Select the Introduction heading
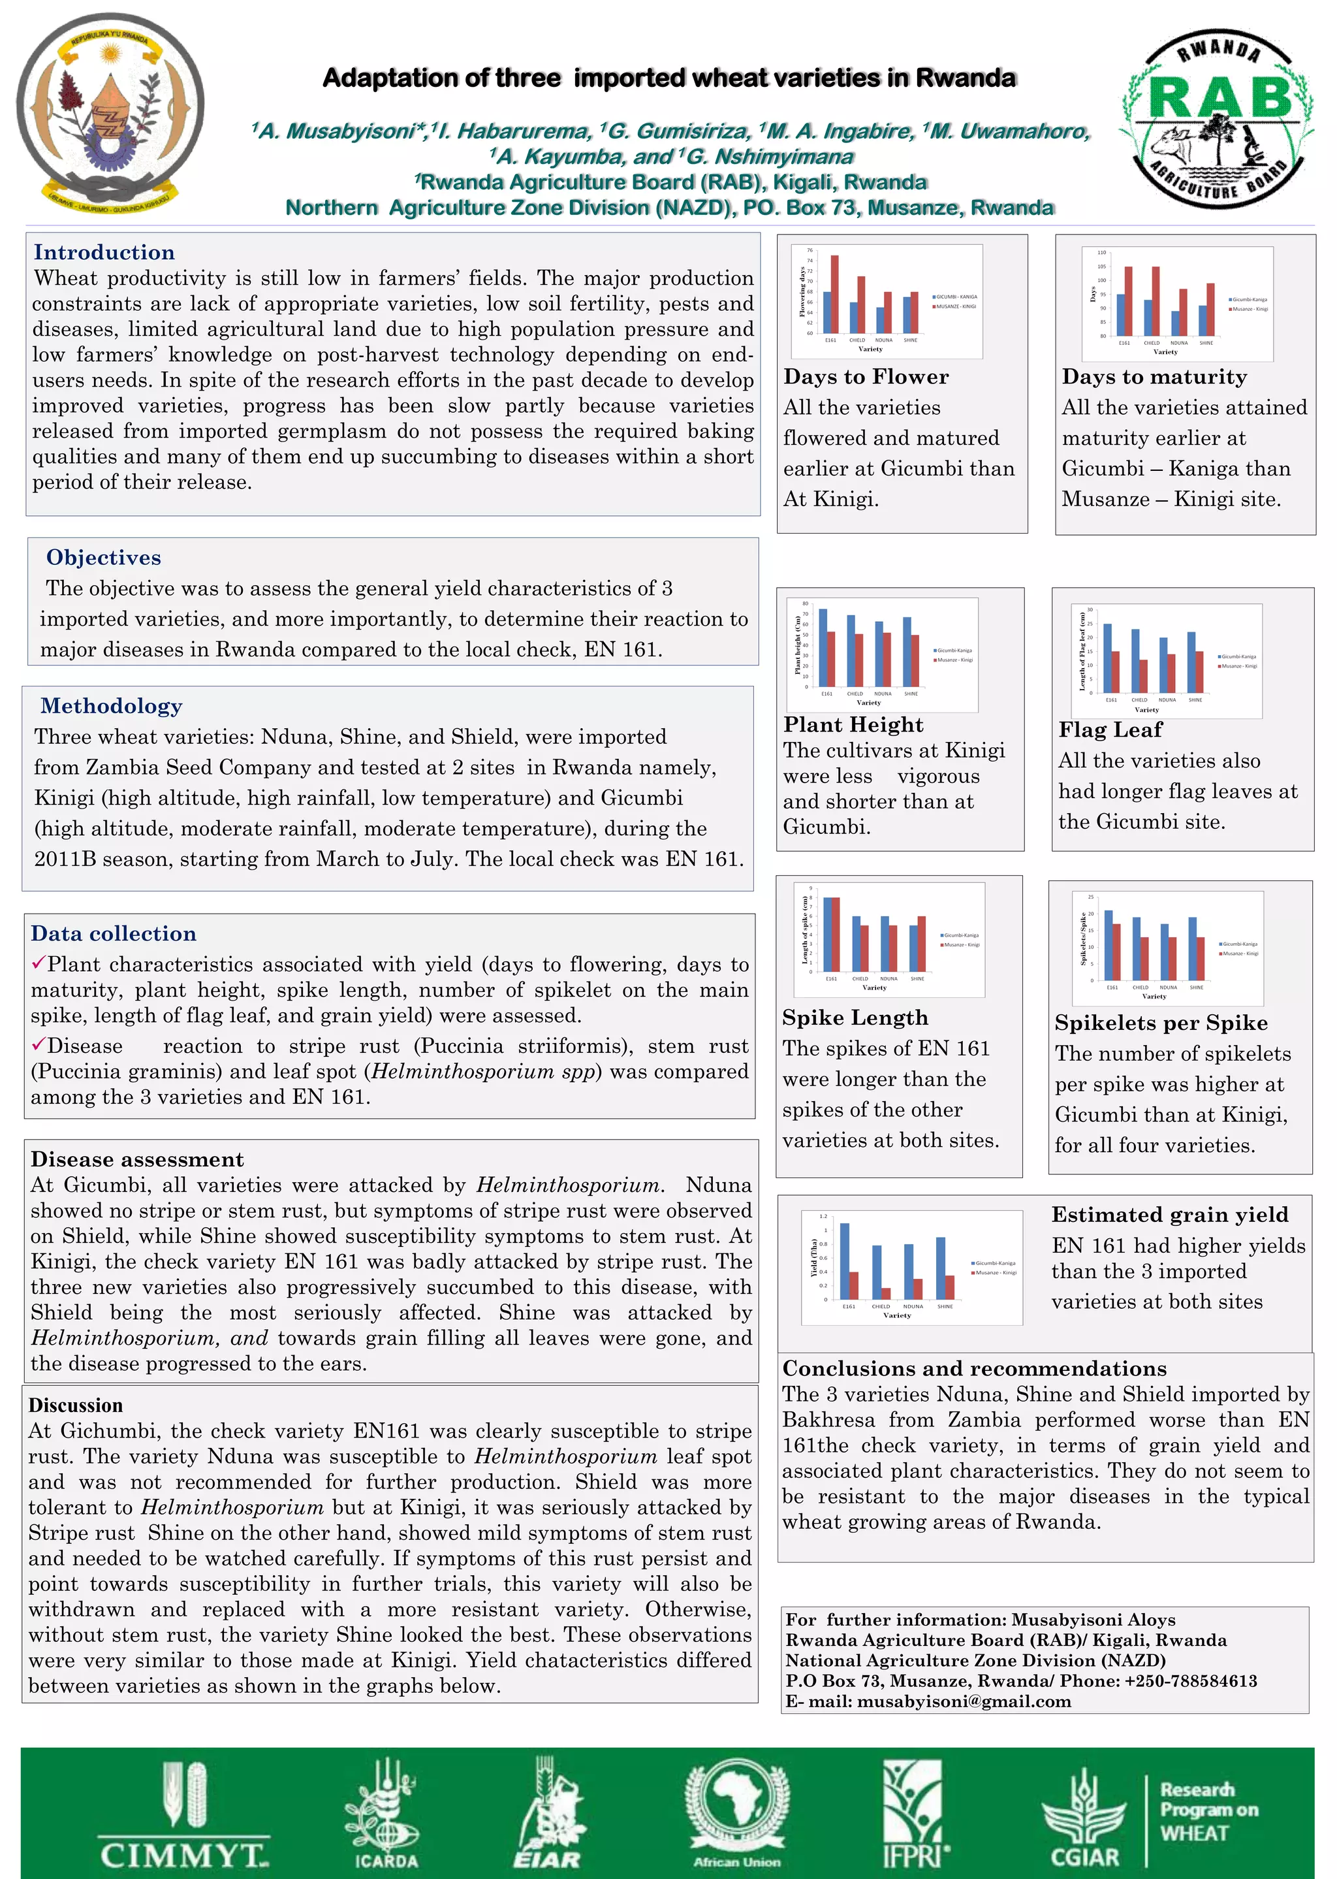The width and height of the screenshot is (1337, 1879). tap(104, 253)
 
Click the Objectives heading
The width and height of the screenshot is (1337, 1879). tap(104, 558)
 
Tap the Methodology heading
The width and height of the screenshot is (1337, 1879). tap(111, 705)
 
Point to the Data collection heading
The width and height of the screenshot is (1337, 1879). tap(114, 933)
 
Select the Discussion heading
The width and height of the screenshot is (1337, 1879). tap(76, 1405)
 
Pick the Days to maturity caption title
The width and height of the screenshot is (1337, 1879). tap(1154, 376)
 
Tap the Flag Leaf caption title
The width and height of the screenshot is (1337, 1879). tap(1110, 730)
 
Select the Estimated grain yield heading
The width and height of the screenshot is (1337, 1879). tap(1170, 1215)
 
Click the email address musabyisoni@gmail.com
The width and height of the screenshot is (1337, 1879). tap(963, 1701)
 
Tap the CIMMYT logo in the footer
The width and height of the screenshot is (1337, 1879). tap(183, 1816)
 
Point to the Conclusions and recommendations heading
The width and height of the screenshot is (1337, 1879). tap(974, 1368)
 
